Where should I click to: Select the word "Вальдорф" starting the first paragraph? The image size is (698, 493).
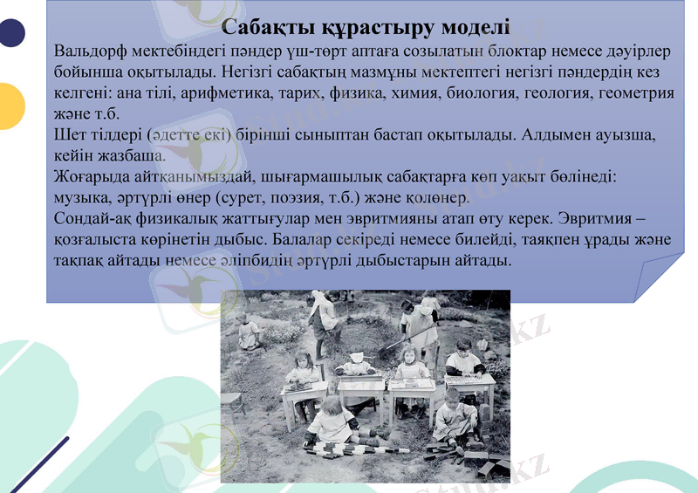90,49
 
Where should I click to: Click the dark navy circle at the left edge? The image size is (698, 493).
10,33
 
